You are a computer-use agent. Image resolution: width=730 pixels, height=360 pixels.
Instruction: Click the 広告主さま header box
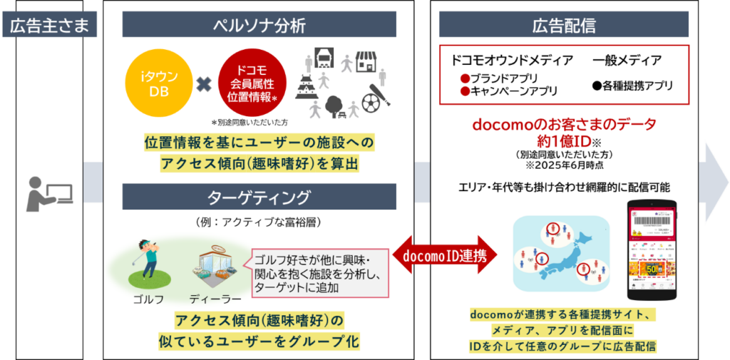[49, 26]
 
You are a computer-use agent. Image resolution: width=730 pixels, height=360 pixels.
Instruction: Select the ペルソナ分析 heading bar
[259, 26]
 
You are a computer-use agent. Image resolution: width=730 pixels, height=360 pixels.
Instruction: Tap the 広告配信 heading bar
[564, 26]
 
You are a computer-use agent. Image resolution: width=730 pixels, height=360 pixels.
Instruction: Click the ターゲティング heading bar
[259, 197]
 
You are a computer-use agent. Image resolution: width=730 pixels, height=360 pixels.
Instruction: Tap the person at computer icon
[49, 190]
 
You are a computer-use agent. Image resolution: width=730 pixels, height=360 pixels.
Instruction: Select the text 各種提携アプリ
[637, 86]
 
